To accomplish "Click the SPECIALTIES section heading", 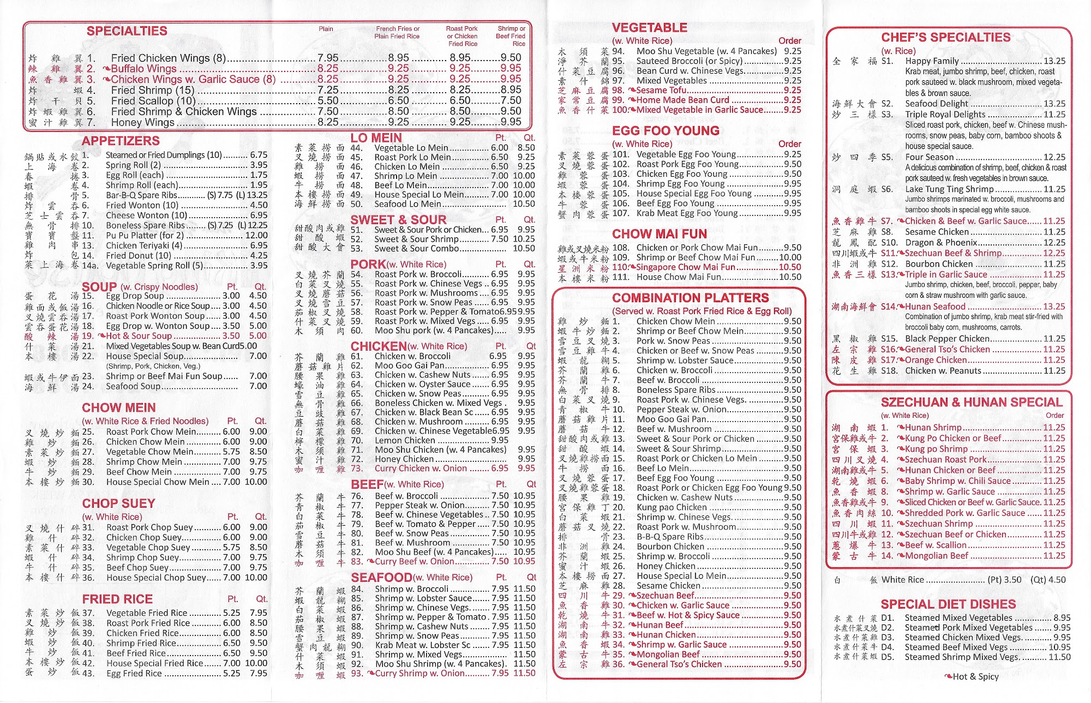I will coord(127,31).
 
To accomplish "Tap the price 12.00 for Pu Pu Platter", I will coord(256,236).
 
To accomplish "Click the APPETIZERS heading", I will coord(121,141).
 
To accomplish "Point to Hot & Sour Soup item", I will coord(139,336).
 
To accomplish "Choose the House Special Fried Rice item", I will coord(154,663).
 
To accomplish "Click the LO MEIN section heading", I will coord(376,138).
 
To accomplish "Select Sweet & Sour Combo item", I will coord(409,249).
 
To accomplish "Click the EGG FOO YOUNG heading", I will coord(666,131).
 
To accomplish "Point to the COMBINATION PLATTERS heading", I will coord(690,298).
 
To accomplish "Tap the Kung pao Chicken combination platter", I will coord(672,507).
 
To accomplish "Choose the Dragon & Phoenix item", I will coord(941,243).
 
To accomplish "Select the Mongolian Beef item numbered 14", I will coord(937,556).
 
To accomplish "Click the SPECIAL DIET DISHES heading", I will coord(948,604).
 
